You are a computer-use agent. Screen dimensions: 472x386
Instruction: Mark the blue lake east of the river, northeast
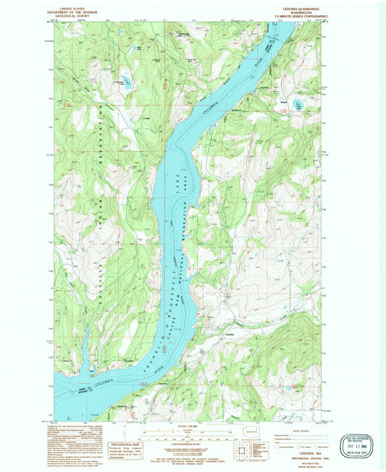[298, 106]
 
